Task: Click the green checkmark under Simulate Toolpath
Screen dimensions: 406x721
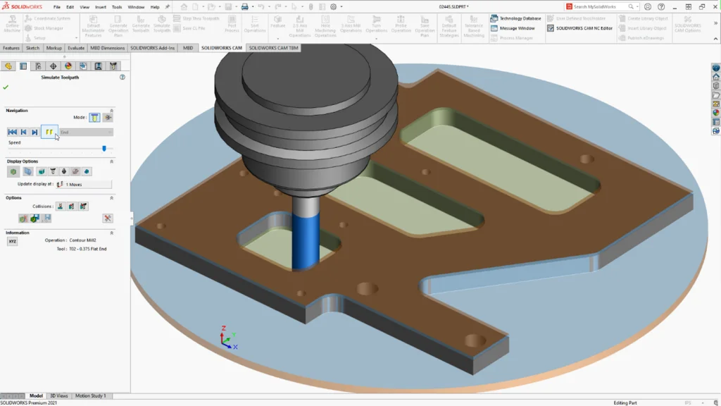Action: pos(6,87)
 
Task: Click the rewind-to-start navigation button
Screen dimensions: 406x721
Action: pos(12,132)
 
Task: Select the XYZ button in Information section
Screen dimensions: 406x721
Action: pos(12,241)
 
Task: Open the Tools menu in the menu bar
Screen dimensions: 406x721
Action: pos(116,6)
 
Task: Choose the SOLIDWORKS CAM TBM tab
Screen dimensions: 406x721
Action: pos(273,48)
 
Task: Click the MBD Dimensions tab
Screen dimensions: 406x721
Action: pos(108,48)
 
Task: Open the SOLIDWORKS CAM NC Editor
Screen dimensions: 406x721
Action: pos(584,28)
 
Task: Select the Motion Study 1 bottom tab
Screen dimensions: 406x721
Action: pos(90,395)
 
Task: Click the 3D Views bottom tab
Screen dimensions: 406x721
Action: pos(60,395)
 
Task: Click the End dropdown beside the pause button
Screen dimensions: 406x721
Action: pos(85,132)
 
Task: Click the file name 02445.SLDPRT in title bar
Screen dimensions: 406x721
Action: pos(453,6)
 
